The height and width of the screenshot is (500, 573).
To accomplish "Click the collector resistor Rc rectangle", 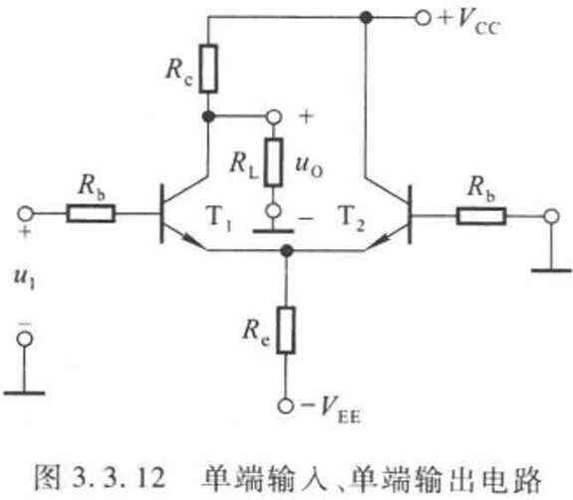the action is (208, 69).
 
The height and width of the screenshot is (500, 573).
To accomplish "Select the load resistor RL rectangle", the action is (273, 162).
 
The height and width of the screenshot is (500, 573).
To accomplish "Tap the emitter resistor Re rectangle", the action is (286, 331).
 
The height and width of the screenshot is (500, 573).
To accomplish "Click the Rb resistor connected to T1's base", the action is (91, 213).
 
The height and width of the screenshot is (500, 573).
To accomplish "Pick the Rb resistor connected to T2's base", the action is (481, 216).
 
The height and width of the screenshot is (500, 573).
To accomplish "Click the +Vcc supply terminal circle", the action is (423, 18).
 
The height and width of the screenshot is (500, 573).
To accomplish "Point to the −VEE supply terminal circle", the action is (285, 405).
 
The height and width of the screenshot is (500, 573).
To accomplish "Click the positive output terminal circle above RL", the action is (274, 117).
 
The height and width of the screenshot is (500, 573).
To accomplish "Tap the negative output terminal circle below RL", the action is (273, 211).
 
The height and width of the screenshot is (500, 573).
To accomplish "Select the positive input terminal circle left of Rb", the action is (25, 213).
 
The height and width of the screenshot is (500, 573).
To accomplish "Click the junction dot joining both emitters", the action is (287, 251).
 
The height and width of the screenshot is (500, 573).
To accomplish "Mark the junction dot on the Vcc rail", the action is (366, 17).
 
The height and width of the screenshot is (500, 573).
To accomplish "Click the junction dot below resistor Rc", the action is (208, 117).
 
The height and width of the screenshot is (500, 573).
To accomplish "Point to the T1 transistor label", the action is (219, 218).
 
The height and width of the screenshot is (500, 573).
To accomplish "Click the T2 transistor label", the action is (351, 218).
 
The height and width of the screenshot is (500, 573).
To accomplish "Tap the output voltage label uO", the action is (309, 166).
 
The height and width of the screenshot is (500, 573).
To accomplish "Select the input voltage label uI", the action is (24, 278).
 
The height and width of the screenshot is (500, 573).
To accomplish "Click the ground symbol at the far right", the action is (551, 270).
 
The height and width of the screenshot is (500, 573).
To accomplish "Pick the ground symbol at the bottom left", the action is (24, 393).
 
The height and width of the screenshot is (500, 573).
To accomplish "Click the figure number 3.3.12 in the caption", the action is (119, 477).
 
